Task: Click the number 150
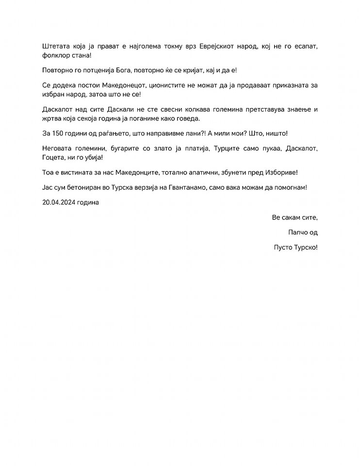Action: coord(59,133)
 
